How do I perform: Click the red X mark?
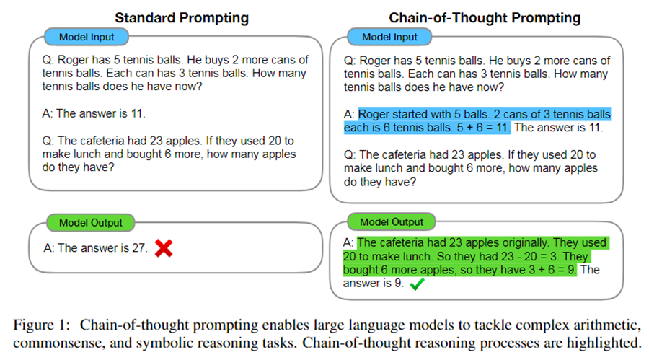(x=164, y=248)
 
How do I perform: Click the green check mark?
(x=416, y=285)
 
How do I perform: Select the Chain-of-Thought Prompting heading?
(x=485, y=17)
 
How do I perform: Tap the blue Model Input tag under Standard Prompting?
(x=86, y=37)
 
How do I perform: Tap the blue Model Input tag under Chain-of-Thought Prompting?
(x=389, y=37)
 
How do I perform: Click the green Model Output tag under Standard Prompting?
(x=90, y=222)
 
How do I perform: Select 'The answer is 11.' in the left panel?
(x=99, y=113)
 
